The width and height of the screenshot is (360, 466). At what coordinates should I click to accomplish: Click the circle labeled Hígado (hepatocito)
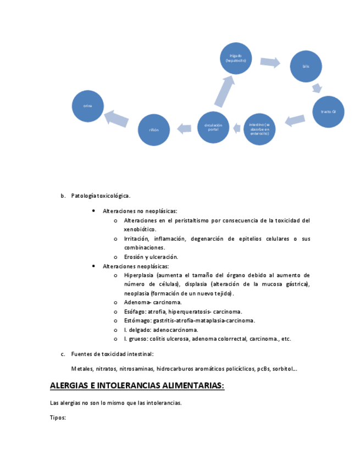tap(236, 58)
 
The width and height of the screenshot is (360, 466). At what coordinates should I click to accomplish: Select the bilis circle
tap(306, 66)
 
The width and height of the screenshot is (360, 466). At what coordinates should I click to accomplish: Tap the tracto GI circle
tap(328, 112)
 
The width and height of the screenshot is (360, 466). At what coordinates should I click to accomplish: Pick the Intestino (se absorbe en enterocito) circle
tap(259, 129)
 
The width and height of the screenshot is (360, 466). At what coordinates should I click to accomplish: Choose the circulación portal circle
tap(213, 127)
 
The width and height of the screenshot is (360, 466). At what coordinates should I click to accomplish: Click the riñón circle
tap(153, 130)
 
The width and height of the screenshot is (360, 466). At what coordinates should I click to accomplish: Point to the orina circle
tap(88, 106)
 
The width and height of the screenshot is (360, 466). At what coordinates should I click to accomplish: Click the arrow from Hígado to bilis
tap(270, 62)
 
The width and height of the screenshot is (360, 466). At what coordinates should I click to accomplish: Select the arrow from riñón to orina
tap(117, 118)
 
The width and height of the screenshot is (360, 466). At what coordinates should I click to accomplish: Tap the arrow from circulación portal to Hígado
tap(225, 91)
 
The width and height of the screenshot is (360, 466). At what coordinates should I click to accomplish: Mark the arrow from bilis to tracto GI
tap(317, 88)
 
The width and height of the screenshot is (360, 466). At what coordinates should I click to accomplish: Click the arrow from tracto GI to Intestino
tap(295, 120)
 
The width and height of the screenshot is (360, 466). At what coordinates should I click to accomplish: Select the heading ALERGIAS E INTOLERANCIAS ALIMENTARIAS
tap(137, 386)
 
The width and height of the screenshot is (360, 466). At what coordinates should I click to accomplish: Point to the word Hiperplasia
tap(139, 275)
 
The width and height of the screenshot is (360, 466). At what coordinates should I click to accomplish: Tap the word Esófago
tap(135, 312)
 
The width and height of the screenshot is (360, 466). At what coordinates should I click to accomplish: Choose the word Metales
tap(81, 369)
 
